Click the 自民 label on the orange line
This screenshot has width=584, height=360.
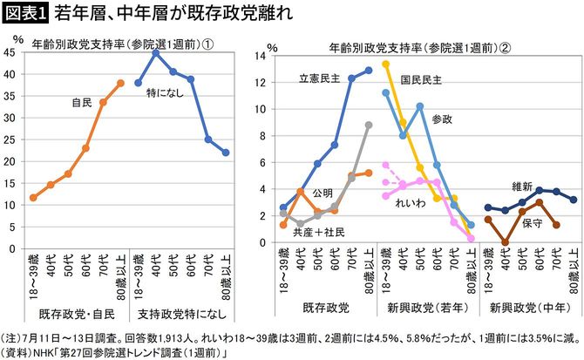(x=83, y=103)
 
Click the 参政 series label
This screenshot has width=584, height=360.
(x=444, y=118)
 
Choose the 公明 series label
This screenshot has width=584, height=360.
(x=323, y=193)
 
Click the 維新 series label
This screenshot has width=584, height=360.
(x=523, y=185)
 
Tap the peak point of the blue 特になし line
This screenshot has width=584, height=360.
(x=156, y=53)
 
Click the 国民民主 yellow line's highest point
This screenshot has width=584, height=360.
(x=385, y=63)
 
